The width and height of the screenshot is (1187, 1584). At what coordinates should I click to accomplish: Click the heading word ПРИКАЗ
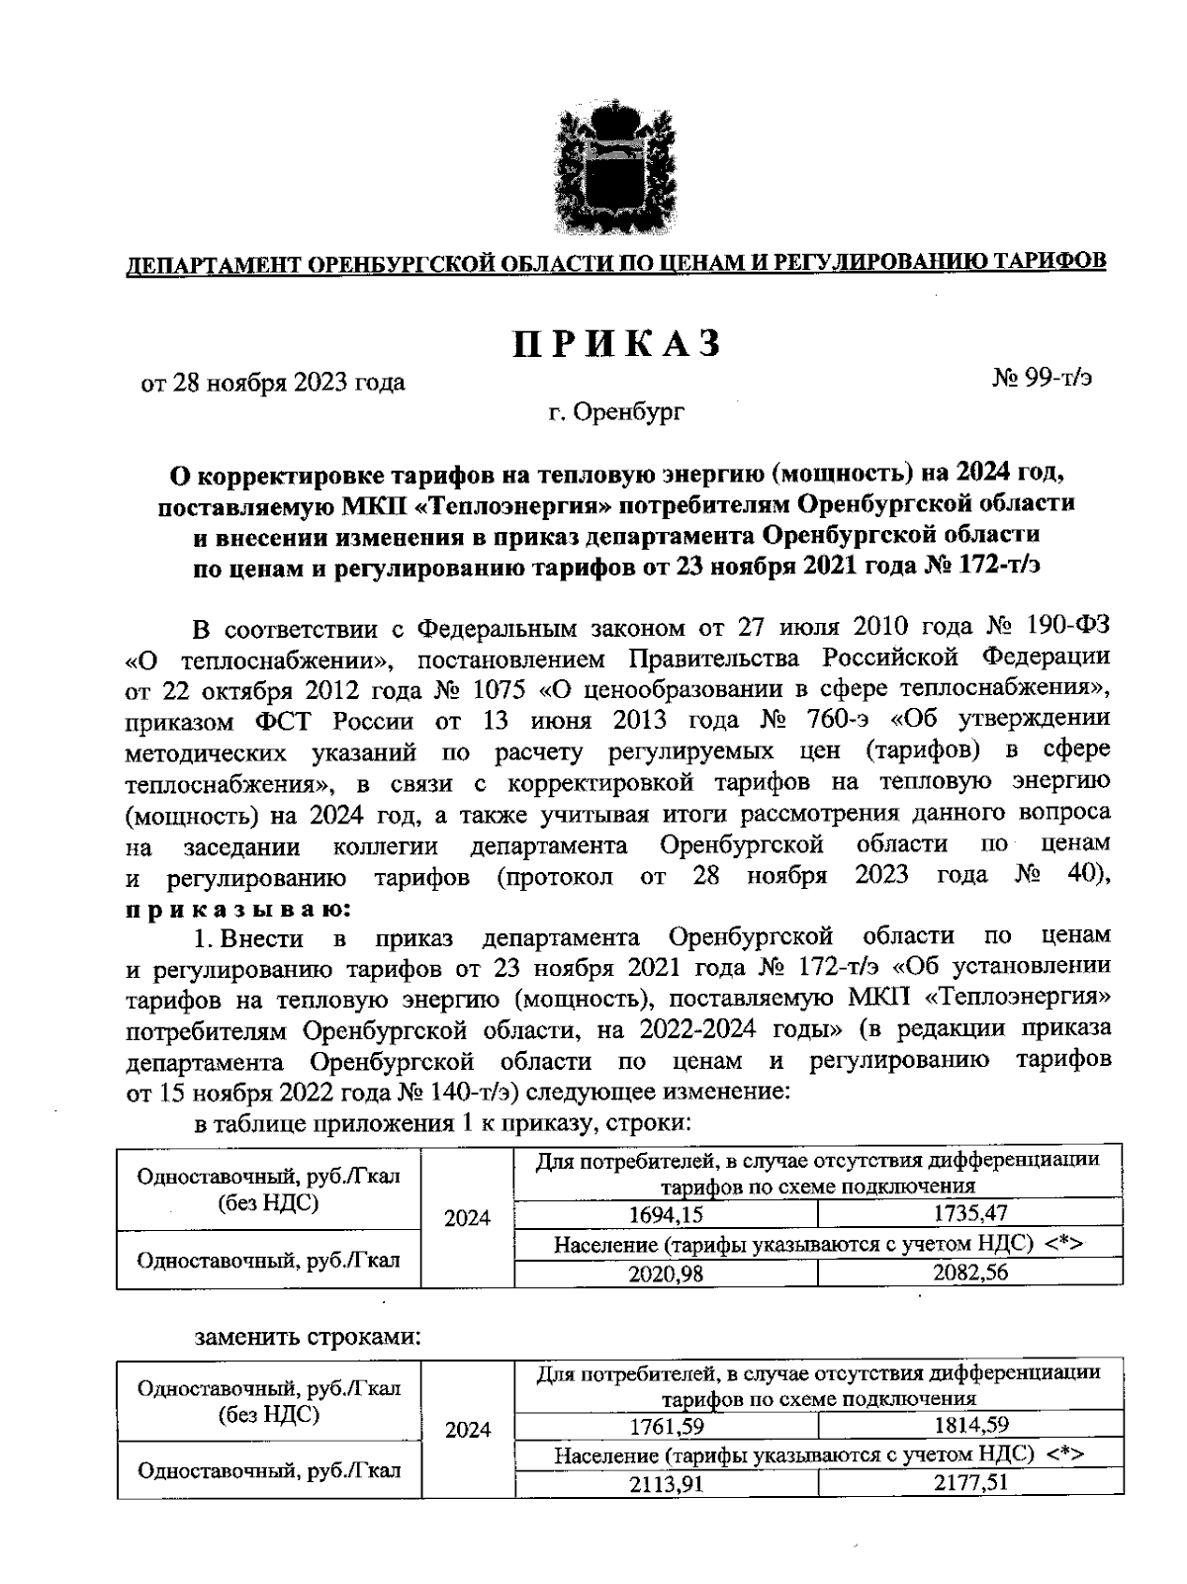pyautogui.click(x=616, y=343)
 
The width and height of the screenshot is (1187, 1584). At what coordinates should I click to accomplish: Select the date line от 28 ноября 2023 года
pyautogui.click(x=274, y=382)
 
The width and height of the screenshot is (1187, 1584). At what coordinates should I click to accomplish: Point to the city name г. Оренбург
pyautogui.click(x=616, y=411)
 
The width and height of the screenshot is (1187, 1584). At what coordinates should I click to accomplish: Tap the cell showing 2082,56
pyautogui.click(x=970, y=1273)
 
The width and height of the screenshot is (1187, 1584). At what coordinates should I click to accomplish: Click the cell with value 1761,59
pyautogui.click(x=666, y=1426)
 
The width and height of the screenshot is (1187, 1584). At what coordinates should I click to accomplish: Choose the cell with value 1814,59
pyautogui.click(x=970, y=1425)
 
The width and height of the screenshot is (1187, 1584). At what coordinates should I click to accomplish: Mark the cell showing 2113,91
pyautogui.click(x=666, y=1484)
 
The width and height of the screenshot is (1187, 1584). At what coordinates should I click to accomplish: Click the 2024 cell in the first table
pyautogui.click(x=468, y=1217)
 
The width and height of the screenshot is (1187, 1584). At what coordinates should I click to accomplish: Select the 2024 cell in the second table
pyautogui.click(x=468, y=1429)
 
